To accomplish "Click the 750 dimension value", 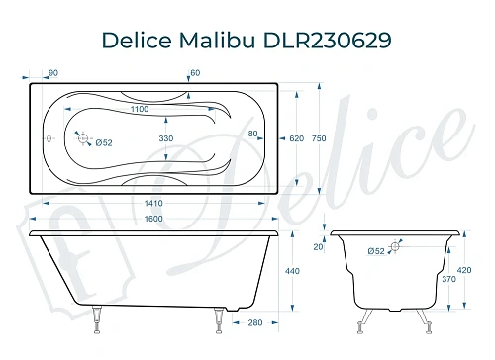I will point(346,139).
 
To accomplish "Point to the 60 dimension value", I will point(195,72).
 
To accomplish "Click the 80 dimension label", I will point(252,133).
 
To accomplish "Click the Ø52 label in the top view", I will point(103,142).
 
